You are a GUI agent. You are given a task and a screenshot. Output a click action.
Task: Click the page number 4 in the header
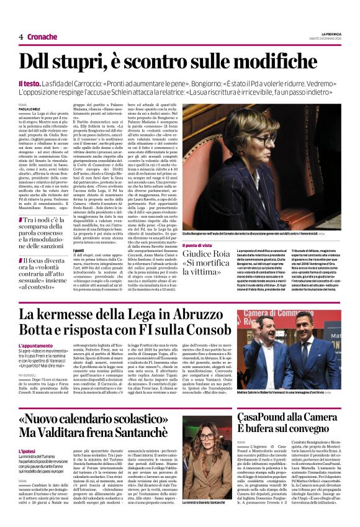21,37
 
